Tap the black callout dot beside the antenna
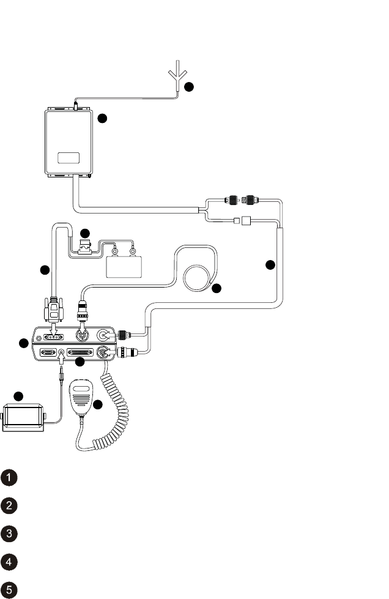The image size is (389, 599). [190, 87]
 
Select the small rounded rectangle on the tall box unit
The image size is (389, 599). [69, 158]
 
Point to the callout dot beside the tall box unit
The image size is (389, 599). [102, 117]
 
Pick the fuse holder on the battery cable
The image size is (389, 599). [84, 248]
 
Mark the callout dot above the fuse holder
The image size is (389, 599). [85, 233]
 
